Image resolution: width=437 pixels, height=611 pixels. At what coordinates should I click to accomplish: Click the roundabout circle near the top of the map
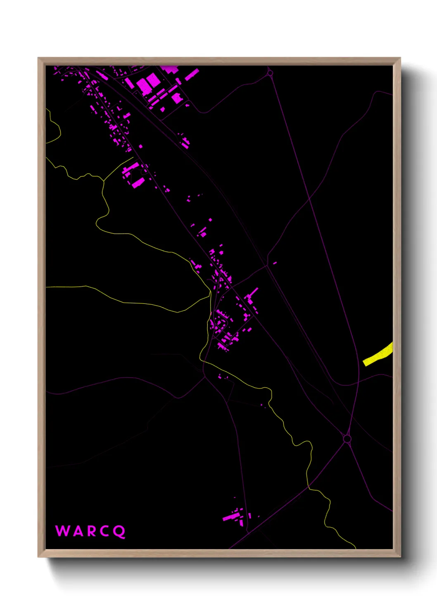point(270,73)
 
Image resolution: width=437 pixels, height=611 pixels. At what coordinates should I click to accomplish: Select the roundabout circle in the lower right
point(347,438)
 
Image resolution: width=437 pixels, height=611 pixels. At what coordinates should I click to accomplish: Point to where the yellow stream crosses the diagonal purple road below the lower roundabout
point(309,488)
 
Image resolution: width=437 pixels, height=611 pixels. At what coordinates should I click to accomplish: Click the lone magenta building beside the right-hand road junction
point(275,263)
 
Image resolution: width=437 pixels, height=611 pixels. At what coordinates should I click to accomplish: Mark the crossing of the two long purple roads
point(309,199)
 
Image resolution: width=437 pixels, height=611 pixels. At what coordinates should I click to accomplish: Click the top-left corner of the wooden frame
point(38,58)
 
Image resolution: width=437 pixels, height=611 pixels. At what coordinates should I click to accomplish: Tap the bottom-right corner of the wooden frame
point(400,557)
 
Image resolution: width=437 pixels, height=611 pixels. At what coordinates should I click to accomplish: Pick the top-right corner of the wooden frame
point(400,58)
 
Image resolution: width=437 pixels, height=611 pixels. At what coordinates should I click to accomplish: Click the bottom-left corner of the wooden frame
point(38,557)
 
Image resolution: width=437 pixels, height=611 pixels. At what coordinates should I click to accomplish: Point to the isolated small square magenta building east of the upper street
point(141,146)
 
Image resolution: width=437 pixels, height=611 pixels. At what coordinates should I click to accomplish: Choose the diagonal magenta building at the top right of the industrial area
point(192,75)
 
